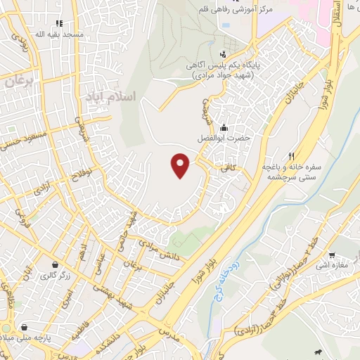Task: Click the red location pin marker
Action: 181,166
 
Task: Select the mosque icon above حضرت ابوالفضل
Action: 224,128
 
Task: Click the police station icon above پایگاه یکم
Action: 224,53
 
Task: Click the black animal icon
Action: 319,351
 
